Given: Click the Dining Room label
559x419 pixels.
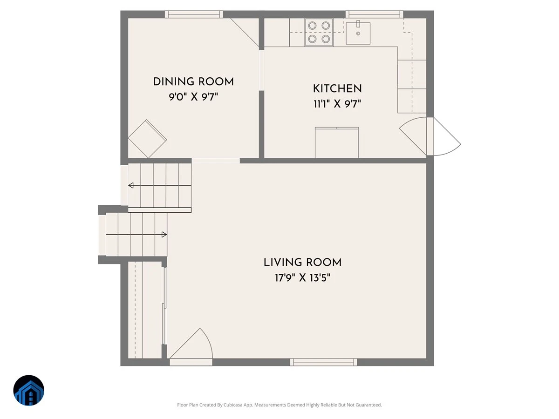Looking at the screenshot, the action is pos(193,82).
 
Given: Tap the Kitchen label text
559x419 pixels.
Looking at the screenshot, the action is pos(337,89).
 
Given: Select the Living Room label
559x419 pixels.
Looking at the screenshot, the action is pos(302,263).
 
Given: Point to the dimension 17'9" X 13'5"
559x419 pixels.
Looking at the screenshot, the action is pos(302,278).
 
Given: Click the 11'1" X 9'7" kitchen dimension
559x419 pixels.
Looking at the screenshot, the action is pos(337,104).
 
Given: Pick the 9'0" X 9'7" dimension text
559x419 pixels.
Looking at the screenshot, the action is pos(193,97).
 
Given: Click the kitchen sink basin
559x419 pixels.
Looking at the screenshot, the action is pos(358,34).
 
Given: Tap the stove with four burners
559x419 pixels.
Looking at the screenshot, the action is pos(319,32).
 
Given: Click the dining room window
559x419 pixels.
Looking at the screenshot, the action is pos(194,14).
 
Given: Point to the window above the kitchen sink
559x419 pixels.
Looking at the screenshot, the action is pos(374,14).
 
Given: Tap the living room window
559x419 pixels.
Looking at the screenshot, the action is pos(323,362).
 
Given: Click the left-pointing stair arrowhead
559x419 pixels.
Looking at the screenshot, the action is pos(131,185).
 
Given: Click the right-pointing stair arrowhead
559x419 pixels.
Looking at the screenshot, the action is pos(164,234).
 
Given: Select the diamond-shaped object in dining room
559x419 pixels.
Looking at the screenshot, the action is pos(147,139).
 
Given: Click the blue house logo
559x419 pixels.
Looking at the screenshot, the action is pos(29,390).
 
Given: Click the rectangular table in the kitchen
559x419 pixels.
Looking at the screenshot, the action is pos(337,142).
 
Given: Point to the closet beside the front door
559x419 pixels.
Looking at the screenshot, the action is pos(145,310).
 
